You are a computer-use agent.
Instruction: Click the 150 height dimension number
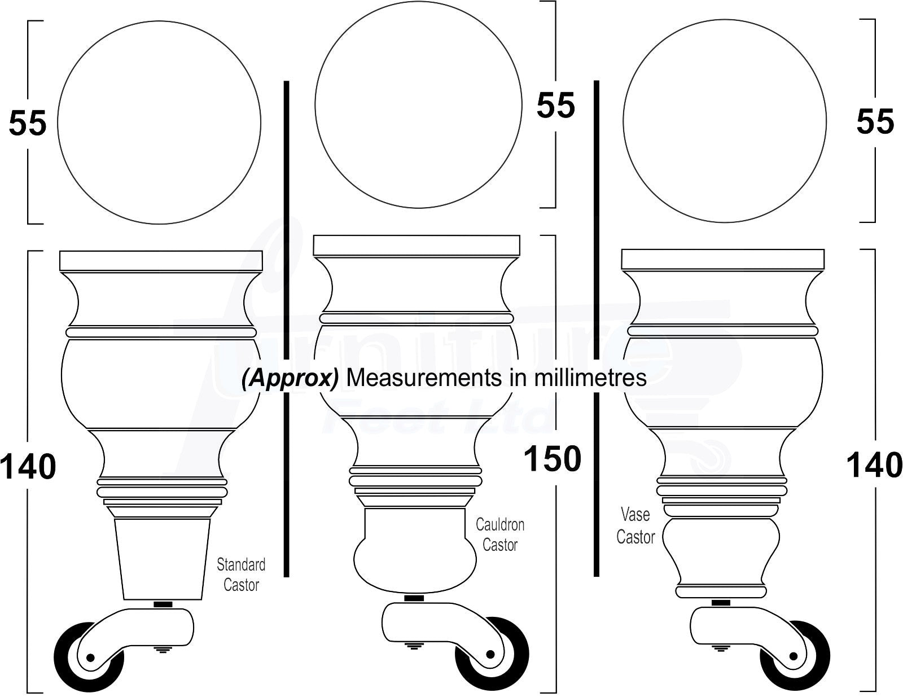coord(552,459)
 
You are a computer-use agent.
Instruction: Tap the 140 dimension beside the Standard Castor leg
coord(28,467)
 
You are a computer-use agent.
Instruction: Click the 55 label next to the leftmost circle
coord(27,122)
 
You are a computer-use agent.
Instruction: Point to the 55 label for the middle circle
coord(555,105)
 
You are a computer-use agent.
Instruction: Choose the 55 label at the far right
coord(875,121)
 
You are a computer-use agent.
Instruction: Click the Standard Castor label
coord(241,575)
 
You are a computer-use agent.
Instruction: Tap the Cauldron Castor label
coord(500,534)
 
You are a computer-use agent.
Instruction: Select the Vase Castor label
coord(635,525)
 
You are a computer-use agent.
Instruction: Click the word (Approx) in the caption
coord(290,378)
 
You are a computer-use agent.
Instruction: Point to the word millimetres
coord(590,378)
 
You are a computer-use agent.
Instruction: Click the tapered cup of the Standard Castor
coord(163,559)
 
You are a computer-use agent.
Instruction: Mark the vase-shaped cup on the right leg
coord(721,550)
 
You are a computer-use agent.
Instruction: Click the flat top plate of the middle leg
coord(417,246)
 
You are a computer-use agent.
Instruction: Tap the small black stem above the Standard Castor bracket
coord(163,604)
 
